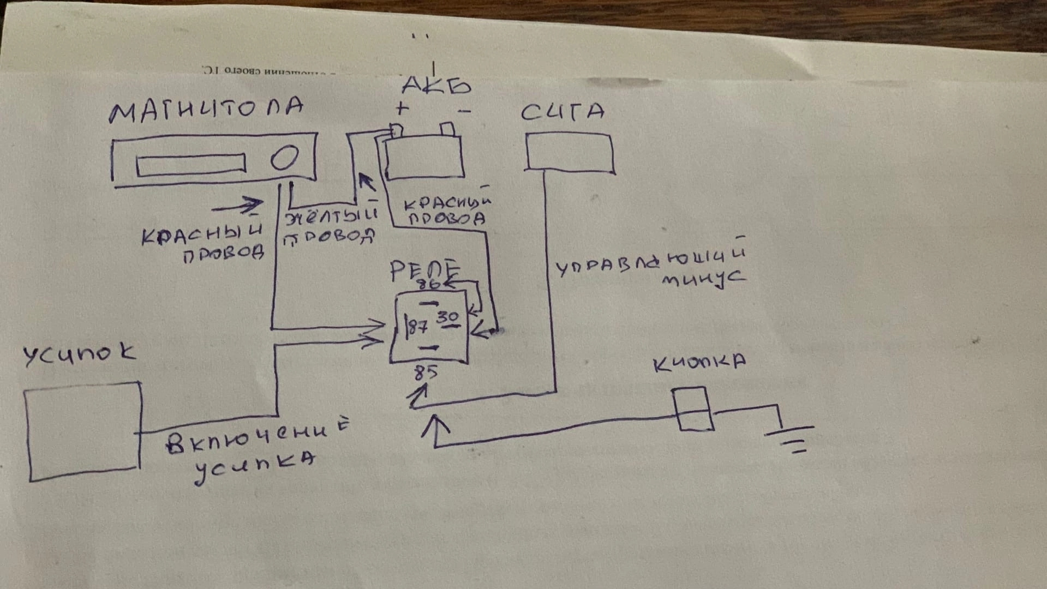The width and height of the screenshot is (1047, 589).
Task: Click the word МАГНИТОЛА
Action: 206,110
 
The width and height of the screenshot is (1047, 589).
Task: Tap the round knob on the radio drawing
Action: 285,158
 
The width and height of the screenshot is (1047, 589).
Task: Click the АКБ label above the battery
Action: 436,86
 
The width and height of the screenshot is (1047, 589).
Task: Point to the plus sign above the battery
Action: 402,108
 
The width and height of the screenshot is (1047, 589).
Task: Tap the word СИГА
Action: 563,112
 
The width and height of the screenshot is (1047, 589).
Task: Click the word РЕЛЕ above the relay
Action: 425,269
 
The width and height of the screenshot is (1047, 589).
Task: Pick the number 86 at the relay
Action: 428,284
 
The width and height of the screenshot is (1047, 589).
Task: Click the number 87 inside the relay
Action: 417,327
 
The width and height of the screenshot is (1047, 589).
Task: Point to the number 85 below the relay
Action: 426,372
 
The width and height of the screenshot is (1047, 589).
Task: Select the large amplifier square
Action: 83,431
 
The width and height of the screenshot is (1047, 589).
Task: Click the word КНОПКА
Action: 699,363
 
